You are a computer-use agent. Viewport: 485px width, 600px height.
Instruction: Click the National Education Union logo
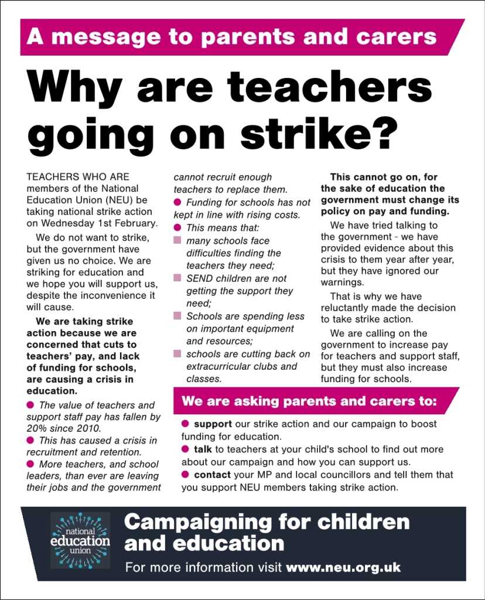click(x=80, y=540)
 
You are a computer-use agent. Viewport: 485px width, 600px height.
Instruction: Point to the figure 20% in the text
click(x=37, y=428)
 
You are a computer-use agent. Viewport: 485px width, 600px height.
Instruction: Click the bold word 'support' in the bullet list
click(x=213, y=424)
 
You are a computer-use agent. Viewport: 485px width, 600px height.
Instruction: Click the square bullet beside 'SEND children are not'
click(x=177, y=278)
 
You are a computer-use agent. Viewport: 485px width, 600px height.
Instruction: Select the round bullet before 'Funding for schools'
click(x=177, y=202)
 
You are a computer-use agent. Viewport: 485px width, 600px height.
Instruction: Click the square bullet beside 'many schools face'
click(x=177, y=241)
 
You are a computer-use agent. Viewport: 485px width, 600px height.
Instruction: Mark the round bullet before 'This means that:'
click(x=177, y=227)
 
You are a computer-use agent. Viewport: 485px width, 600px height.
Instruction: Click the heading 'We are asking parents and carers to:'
click(x=309, y=402)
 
